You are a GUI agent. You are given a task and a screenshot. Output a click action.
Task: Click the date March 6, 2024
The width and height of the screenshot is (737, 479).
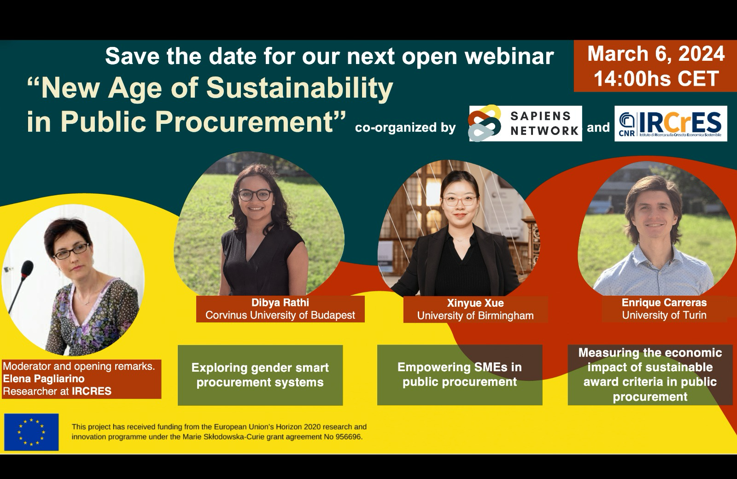655,54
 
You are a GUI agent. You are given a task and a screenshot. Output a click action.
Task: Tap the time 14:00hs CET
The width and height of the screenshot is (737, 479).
655,78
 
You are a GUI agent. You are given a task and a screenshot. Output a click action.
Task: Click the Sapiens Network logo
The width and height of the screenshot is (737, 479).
525,123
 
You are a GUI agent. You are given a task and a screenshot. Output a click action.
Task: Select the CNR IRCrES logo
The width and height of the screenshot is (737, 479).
671,123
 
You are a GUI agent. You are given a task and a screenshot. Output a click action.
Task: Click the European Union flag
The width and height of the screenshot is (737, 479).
31,432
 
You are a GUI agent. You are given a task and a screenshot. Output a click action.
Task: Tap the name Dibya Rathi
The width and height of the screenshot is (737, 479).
280,303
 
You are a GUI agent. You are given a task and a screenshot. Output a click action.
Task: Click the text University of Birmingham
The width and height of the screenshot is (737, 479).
475,315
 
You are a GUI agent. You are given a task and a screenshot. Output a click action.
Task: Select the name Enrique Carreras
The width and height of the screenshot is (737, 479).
664,303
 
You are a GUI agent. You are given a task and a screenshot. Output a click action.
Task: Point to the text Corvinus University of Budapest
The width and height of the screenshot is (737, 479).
280,315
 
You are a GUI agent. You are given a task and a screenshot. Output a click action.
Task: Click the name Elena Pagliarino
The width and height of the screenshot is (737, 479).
44,379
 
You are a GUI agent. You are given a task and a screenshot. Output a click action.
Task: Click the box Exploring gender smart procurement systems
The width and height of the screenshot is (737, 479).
260,375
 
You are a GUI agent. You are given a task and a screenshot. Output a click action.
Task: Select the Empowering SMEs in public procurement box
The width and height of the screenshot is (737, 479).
459,374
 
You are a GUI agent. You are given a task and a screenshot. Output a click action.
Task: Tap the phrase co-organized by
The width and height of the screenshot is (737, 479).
405,128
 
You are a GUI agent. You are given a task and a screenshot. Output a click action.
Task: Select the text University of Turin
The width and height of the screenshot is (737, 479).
664,315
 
